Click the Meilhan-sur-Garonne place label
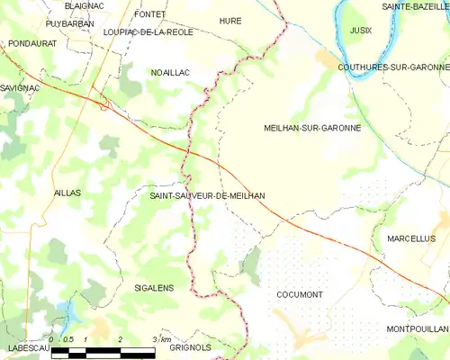tap(312, 129)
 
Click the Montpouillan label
tap(417, 329)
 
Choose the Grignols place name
tap(190, 346)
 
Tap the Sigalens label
tap(153, 288)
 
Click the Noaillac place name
tap(168, 72)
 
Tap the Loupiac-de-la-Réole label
tap(148, 31)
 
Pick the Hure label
tap(230, 20)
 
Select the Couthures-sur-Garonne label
tap(393, 67)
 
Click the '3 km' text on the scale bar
tap(162, 339)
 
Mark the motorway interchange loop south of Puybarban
tap(104, 105)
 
